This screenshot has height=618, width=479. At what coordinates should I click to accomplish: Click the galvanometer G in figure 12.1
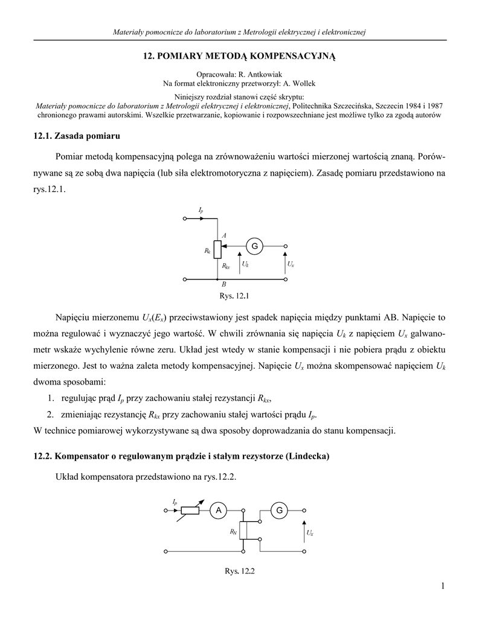pos(254,246)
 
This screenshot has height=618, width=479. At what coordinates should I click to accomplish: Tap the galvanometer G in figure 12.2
pos(280,511)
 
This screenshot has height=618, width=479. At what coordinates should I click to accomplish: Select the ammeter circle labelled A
pos(217,511)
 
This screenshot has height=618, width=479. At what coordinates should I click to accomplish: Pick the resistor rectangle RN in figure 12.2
pos(243,530)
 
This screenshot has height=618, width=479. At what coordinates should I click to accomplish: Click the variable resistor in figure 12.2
pos(189,511)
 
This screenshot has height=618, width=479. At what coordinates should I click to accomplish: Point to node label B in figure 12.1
pos(223,284)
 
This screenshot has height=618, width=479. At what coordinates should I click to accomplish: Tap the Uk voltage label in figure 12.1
pos(245,264)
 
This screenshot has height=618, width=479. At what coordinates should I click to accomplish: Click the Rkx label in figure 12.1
pos(226,266)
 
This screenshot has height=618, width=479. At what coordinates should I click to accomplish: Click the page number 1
pos(443,586)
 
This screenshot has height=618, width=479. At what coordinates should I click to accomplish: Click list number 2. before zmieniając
pos(50,414)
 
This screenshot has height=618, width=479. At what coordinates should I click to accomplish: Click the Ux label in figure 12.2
pos(310,533)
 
